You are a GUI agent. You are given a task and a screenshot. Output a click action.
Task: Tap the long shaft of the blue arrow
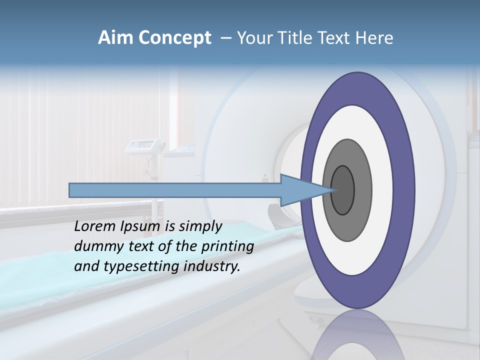[x=175, y=190]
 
